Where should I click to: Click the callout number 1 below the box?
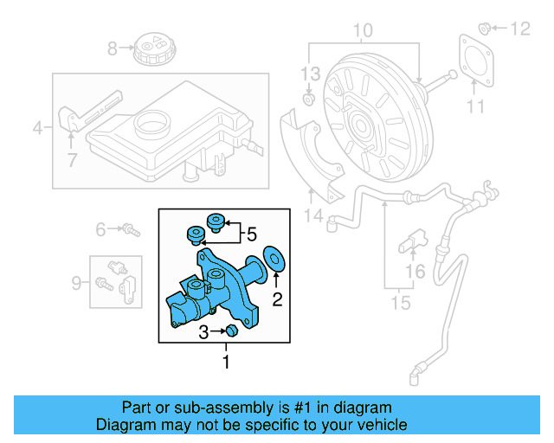click(227, 362)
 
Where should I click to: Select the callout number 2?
click(277, 299)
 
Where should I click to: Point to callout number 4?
click(37, 130)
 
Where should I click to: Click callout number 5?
click(251, 234)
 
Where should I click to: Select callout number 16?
click(415, 273)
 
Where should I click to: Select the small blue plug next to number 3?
click(231, 331)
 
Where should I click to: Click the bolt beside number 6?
click(131, 230)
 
